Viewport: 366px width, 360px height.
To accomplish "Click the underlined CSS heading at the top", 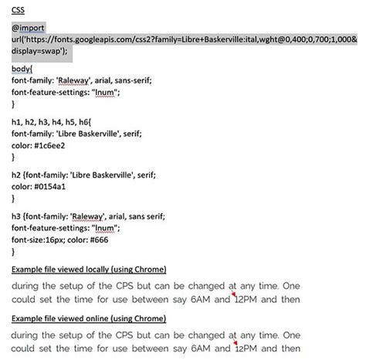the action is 17,12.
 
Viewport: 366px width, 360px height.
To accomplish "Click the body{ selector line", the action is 22,69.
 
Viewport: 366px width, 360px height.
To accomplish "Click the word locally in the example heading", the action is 95,268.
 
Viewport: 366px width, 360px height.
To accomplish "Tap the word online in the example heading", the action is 96,318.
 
